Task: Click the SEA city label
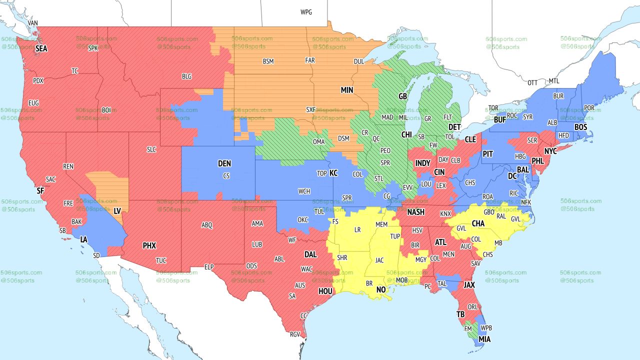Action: (x=41, y=49)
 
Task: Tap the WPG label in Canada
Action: (x=306, y=12)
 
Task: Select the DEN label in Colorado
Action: (x=224, y=163)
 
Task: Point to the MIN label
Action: (x=347, y=90)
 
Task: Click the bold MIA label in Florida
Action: (x=484, y=339)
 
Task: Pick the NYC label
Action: (x=550, y=151)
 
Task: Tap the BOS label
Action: (x=580, y=127)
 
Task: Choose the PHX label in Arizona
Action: (x=149, y=245)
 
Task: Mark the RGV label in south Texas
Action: (x=295, y=334)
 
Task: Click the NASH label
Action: (x=415, y=212)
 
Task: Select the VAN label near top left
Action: (x=33, y=23)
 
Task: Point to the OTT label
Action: (x=532, y=82)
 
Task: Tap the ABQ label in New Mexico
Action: (x=206, y=225)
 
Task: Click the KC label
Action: (x=333, y=173)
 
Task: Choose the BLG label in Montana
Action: (x=186, y=76)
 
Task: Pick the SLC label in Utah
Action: (x=151, y=149)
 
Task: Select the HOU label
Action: (x=325, y=291)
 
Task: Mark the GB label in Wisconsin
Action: (x=402, y=95)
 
